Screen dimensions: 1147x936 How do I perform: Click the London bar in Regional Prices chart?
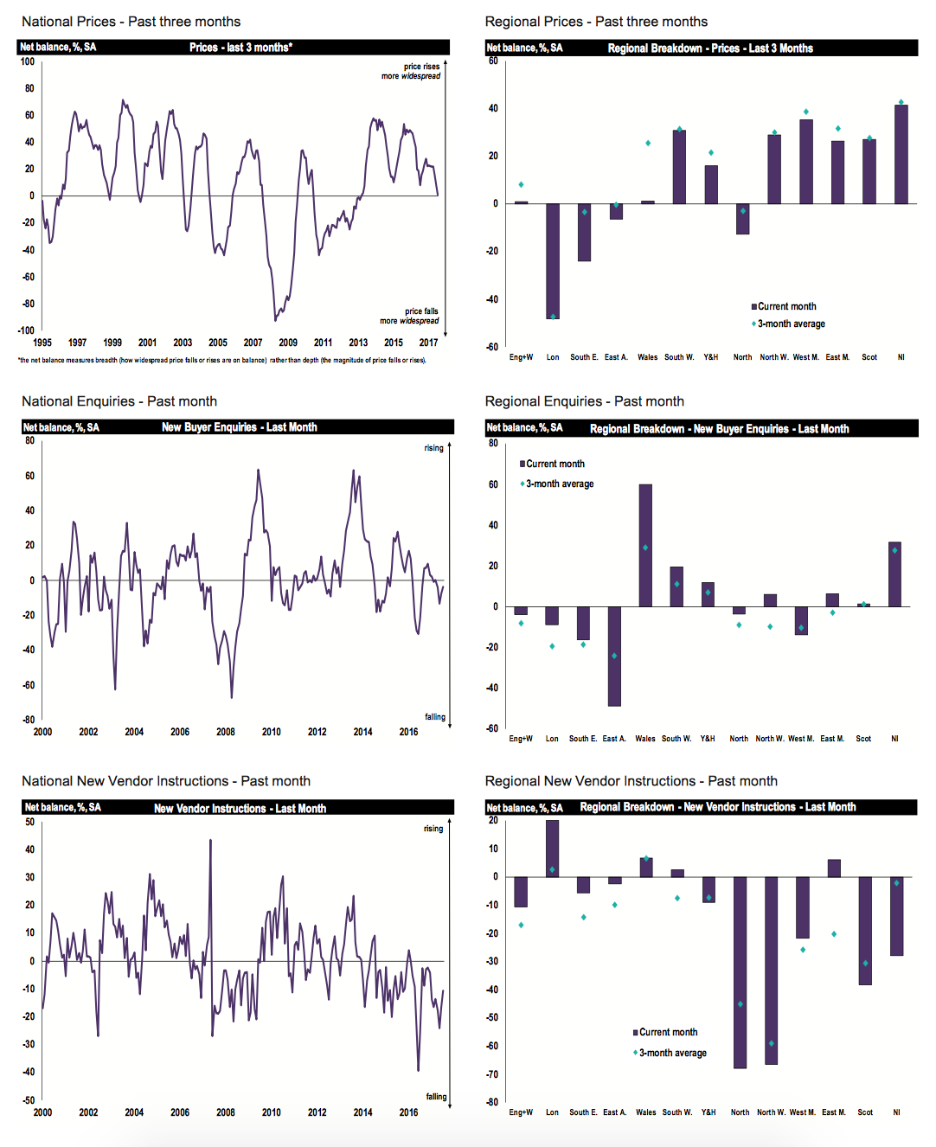tap(553, 260)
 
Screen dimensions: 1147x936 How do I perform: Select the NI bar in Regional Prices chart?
tap(901, 155)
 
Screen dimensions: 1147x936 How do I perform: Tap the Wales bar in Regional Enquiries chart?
tap(645, 545)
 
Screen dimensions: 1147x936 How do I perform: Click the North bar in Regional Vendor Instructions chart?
tap(740, 972)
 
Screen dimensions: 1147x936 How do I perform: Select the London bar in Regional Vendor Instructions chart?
tap(552, 849)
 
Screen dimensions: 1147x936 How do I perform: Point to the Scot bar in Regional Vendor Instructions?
tap(865, 931)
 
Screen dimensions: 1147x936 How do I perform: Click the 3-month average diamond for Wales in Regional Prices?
tap(648, 143)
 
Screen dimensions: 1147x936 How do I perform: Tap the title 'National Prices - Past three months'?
tap(131, 22)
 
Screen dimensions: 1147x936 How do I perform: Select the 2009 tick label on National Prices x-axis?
tap(288, 343)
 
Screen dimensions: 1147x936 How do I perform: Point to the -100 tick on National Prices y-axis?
tap(26, 330)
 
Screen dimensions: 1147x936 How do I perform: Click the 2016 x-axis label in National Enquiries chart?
tap(408, 732)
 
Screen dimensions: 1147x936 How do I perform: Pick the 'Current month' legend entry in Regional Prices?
tap(786, 306)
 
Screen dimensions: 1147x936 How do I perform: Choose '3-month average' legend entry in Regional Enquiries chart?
tap(559, 484)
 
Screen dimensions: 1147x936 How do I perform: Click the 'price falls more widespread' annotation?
tap(410, 316)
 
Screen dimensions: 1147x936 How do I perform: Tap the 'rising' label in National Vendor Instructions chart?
tap(433, 829)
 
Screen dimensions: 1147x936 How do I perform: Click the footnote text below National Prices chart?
tap(221, 361)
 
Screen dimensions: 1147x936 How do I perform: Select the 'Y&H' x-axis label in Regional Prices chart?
tap(710, 357)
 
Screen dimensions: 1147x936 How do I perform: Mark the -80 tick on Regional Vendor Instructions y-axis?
tap(493, 1102)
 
